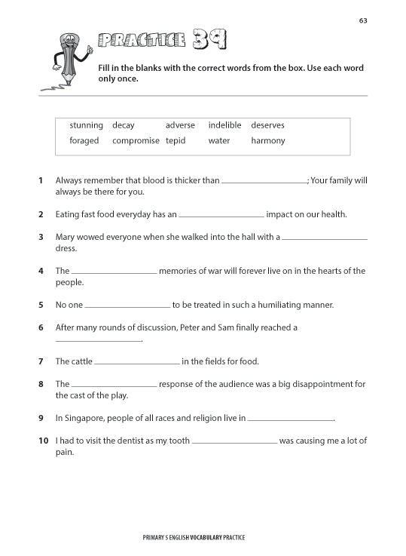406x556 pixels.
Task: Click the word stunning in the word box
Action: pyautogui.click(x=86, y=125)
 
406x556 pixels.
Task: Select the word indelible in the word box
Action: pyautogui.click(x=224, y=125)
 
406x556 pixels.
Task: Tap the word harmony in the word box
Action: pyautogui.click(x=267, y=140)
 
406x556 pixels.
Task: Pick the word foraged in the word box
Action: pyautogui.click(x=84, y=140)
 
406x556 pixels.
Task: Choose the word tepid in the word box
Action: pyautogui.click(x=176, y=141)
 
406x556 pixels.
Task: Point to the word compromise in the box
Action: pyautogui.click(x=136, y=141)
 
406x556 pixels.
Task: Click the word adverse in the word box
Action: pyautogui.click(x=180, y=125)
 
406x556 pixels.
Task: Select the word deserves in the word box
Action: pyautogui.click(x=267, y=125)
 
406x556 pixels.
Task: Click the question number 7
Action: pyautogui.click(x=41, y=361)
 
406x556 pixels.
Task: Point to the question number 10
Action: pyautogui.click(x=43, y=441)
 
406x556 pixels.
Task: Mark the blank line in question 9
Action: pyautogui.click(x=290, y=419)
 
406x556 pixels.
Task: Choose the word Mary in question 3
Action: pyautogui.click(x=66, y=237)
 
